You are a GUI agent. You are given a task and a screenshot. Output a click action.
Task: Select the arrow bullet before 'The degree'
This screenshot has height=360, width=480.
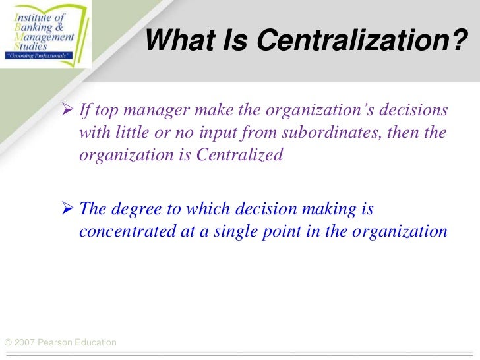68,209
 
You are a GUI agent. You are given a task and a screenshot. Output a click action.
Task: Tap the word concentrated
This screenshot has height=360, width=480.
123,232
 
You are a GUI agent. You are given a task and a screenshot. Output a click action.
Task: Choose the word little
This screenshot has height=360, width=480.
131,133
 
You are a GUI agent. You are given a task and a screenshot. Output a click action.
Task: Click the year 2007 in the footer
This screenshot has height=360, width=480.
26,342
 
